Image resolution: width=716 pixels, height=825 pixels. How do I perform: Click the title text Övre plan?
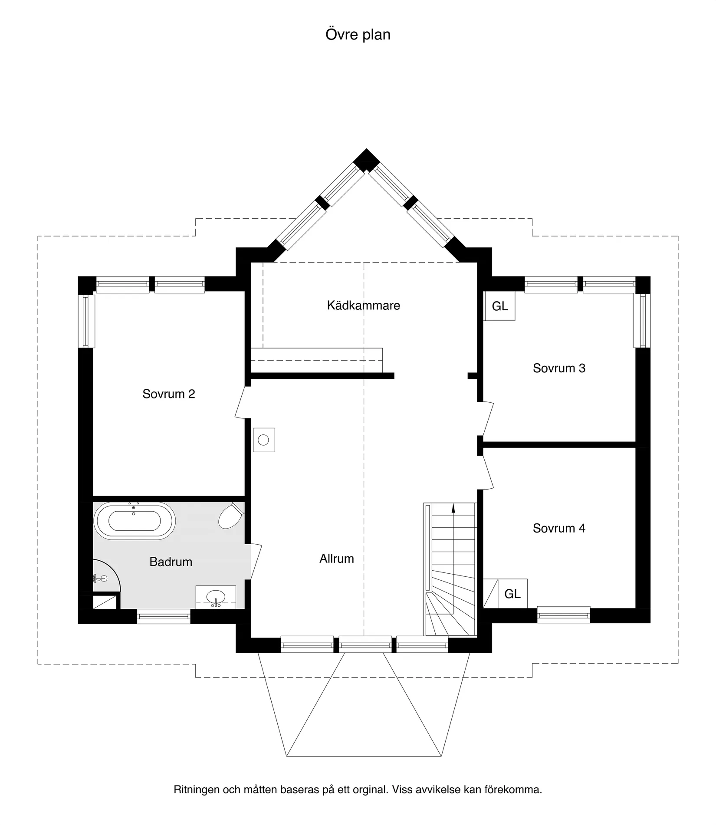point(358,35)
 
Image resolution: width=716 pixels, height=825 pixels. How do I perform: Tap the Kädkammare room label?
point(363,306)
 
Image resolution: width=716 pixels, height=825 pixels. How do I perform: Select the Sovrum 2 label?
point(169,394)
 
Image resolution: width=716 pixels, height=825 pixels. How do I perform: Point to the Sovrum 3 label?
point(559,368)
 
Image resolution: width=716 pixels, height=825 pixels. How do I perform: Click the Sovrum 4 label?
point(559,528)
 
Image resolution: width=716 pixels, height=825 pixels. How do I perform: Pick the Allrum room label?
point(336,559)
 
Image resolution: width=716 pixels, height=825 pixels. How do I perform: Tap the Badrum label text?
point(171,562)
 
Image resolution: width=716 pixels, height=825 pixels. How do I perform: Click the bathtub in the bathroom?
point(135,521)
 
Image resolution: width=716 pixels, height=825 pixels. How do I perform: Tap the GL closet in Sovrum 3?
point(499,306)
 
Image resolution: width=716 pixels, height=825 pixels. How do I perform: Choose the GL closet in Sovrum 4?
point(512,594)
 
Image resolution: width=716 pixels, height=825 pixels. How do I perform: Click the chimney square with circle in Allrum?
point(263,440)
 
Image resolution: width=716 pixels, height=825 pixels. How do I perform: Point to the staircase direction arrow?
point(453,508)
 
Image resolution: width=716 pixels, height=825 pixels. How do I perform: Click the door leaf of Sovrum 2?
point(241,402)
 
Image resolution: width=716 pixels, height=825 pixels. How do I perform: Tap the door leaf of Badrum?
point(256,562)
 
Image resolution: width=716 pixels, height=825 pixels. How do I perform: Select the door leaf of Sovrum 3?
point(488,419)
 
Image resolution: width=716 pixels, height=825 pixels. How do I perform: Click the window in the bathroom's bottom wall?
point(164,617)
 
